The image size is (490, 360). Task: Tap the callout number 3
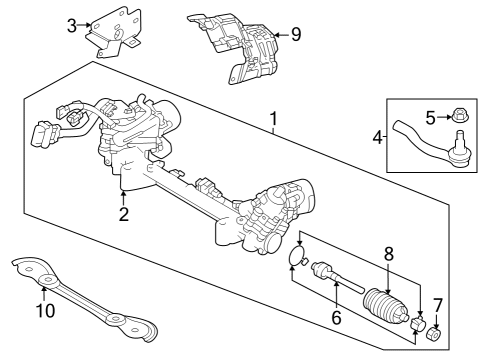[x=71, y=25]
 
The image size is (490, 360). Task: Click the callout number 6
[x=336, y=317]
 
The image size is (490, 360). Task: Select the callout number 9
[x=294, y=33]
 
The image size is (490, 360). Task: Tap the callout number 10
[x=43, y=311]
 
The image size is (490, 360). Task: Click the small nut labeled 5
[x=455, y=116]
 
